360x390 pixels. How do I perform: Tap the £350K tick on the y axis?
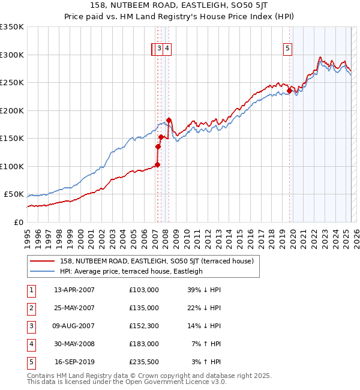coord(12,27)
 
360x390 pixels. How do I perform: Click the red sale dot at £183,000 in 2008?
coord(169,120)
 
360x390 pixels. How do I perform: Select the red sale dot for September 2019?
coord(289,91)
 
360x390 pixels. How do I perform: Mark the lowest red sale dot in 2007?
coord(157,164)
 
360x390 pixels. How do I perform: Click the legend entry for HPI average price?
coord(131,271)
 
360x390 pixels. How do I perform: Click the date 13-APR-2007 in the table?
coord(74,290)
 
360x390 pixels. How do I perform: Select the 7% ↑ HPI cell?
coord(207,344)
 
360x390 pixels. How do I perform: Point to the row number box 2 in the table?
coord(30,308)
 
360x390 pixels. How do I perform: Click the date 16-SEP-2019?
coord(74,362)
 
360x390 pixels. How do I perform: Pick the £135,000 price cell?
coord(144,308)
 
